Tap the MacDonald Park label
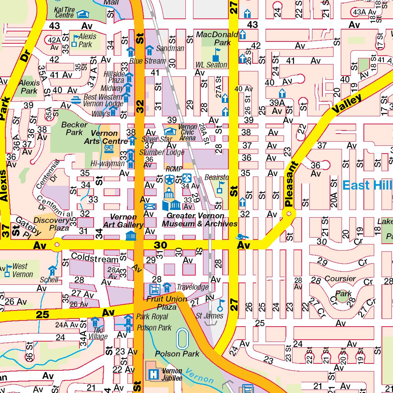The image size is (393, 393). (x=217, y=38)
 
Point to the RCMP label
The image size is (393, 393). (x=173, y=169)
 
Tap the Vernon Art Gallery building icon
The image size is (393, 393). (x=131, y=235)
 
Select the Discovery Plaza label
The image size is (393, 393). (x=51, y=224)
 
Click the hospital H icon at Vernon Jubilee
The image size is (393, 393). (x=154, y=374)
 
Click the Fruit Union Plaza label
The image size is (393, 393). (x=167, y=303)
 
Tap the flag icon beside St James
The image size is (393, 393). (x=220, y=305)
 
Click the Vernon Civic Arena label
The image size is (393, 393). (x=188, y=132)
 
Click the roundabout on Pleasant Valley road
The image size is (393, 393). (x=289, y=213)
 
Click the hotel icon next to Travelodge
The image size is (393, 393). (x=167, y=287)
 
